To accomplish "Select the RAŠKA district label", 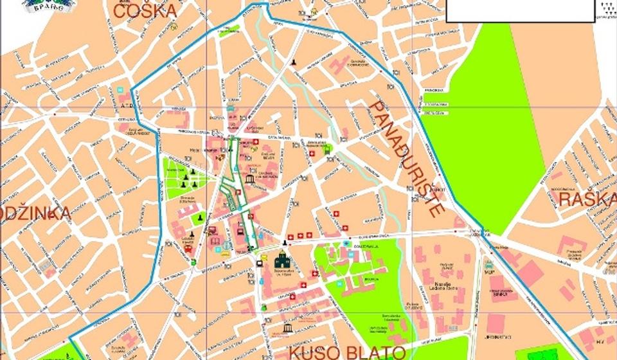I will (587, 199).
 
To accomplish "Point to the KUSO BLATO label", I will (346, 352).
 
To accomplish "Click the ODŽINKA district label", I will (35, 214).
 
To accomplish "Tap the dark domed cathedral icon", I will (282, 260).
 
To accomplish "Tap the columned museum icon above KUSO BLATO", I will (287, 328).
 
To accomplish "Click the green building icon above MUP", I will (488, 264).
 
